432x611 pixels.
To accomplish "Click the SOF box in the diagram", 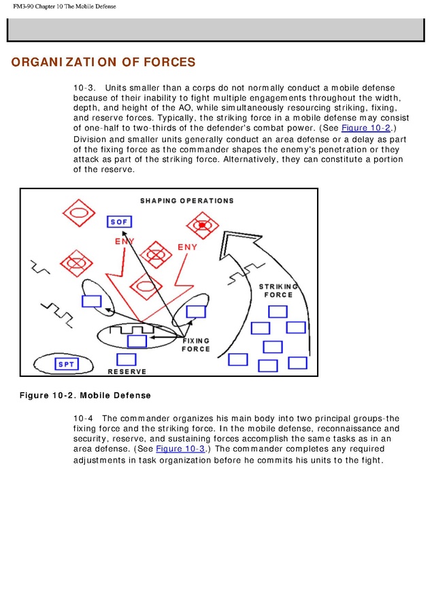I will coord(119,221).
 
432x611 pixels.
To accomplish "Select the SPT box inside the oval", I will coord(66,364).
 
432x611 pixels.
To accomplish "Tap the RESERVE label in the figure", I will coord(127,372).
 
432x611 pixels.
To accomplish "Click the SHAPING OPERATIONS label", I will coord(186,201).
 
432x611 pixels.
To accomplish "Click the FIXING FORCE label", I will coord(196,344).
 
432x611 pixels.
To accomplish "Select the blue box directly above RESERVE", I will coord(127,359).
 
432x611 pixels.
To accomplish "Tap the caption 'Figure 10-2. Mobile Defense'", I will coord(84,395).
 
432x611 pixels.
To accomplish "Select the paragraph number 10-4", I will coord(84,418).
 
